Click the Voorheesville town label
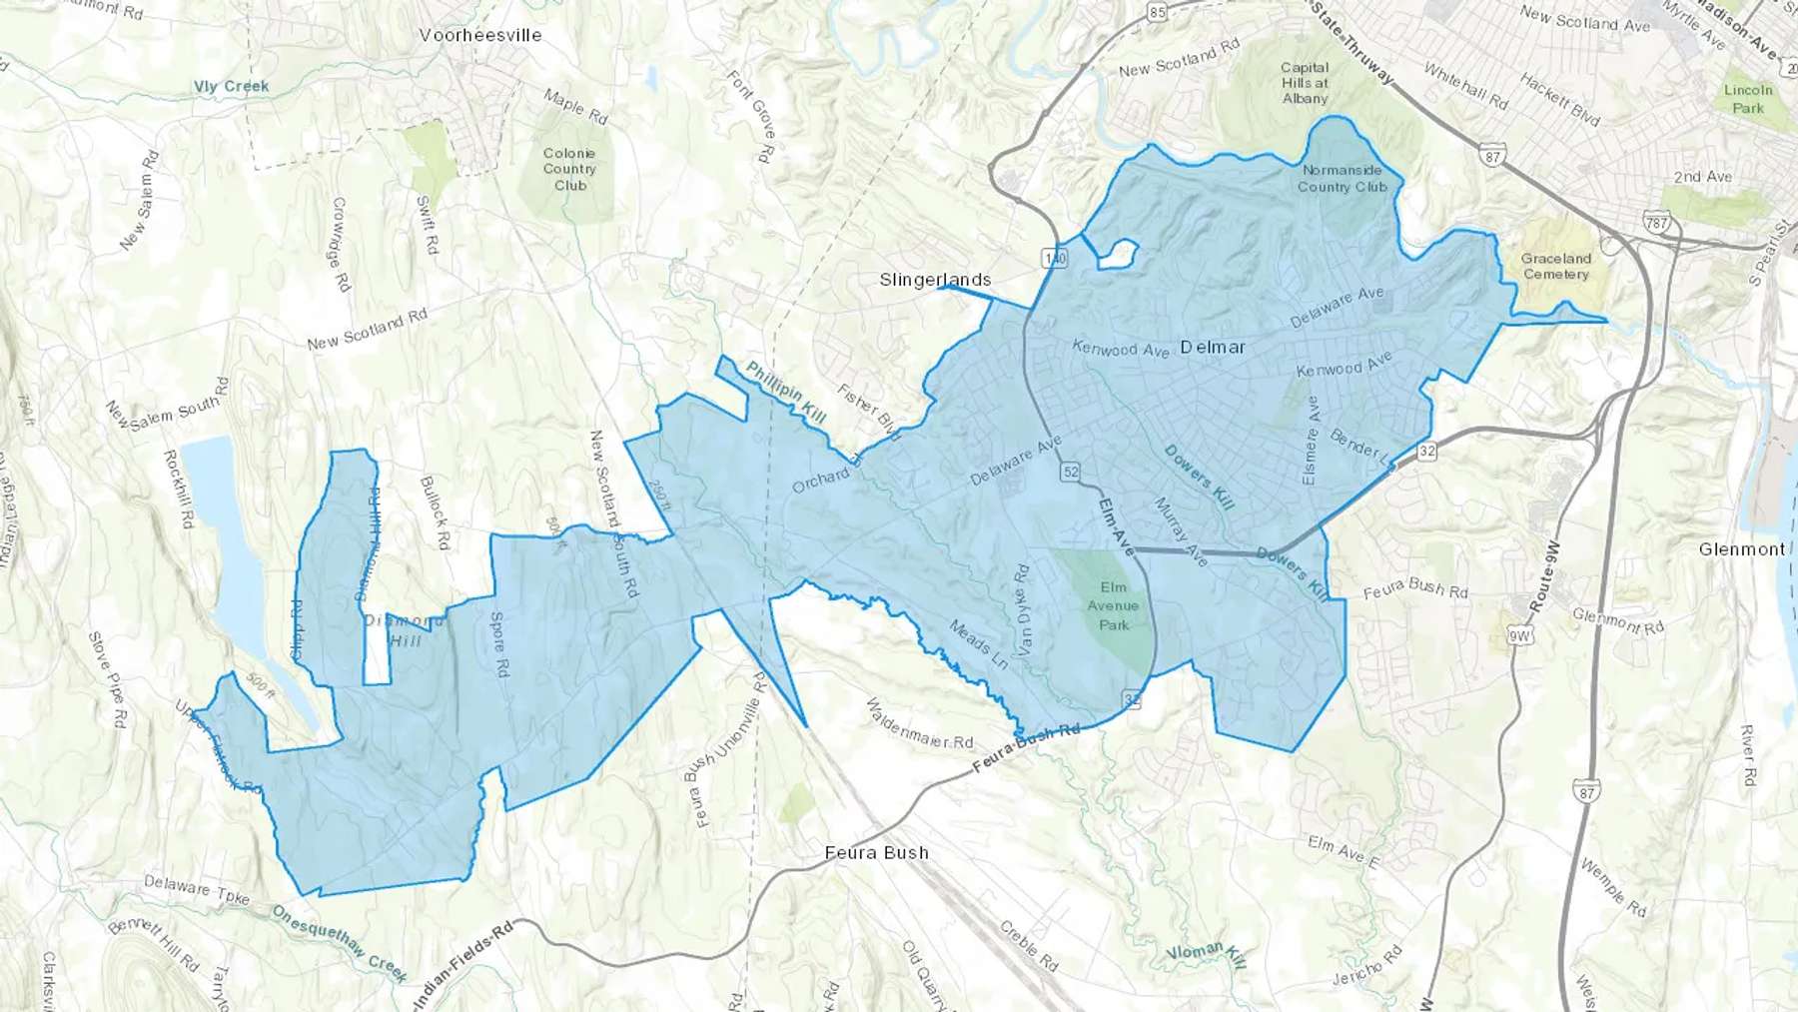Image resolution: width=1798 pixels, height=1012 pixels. coord(480,35)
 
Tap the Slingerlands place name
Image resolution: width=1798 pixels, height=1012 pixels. coord(935,280)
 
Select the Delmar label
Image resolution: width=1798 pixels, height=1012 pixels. coord(1213,348)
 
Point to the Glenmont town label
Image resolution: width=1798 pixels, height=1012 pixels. coord(1741,549)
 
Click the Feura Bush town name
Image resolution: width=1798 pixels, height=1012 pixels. coord(876,853)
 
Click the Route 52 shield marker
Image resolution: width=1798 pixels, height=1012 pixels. coord(1070,471)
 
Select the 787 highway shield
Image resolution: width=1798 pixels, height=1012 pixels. coord(1656,223)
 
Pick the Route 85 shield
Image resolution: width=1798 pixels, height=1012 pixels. coord(1157,12)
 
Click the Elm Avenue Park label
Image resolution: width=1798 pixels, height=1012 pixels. coord(1113,606)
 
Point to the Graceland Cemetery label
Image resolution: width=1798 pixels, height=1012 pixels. coord(1555,266)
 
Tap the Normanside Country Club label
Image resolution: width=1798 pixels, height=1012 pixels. coord(1342,178)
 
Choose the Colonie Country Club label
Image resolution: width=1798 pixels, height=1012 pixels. coord(569,169)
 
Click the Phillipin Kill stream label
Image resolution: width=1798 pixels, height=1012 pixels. coord(785,392)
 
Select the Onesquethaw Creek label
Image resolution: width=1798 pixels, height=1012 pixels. coord(339,943)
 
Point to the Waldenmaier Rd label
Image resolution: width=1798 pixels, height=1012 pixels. coord(919,725)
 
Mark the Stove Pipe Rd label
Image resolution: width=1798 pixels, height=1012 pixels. coord(107,679)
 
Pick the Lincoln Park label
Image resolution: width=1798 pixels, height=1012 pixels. coord(1748,98)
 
